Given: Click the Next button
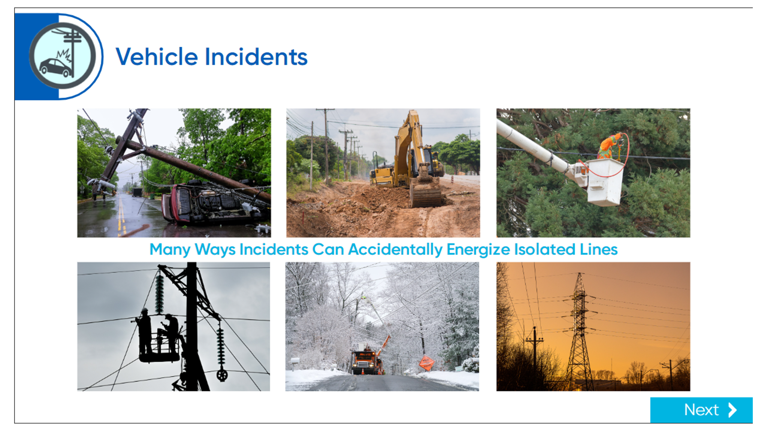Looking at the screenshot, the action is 701,410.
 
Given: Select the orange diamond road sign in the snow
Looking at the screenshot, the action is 427,363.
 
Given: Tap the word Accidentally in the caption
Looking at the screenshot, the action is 395,249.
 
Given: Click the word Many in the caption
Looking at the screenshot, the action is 170,249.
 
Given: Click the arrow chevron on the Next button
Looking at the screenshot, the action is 733,410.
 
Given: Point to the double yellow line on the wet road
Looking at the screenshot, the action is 121,214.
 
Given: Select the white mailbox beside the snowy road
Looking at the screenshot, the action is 295,361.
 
